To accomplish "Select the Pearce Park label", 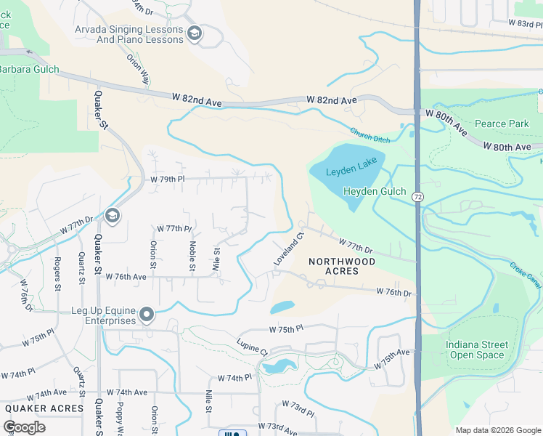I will coord(502,124).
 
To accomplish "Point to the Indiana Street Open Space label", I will coord(476,350).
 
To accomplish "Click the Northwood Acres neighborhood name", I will coord(342,266).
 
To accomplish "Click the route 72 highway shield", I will coord(417,196).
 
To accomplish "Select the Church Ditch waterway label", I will coord(370,135).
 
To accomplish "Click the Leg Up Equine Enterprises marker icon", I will coord(147,315).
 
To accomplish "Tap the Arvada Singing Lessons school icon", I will coord(194,33).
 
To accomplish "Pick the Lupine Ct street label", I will coord(252,347).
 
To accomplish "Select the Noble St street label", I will coord(192,256).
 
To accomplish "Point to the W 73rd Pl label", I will coord(298,408).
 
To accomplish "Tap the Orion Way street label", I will coord(137,69).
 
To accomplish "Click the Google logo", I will coord(25,427).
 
